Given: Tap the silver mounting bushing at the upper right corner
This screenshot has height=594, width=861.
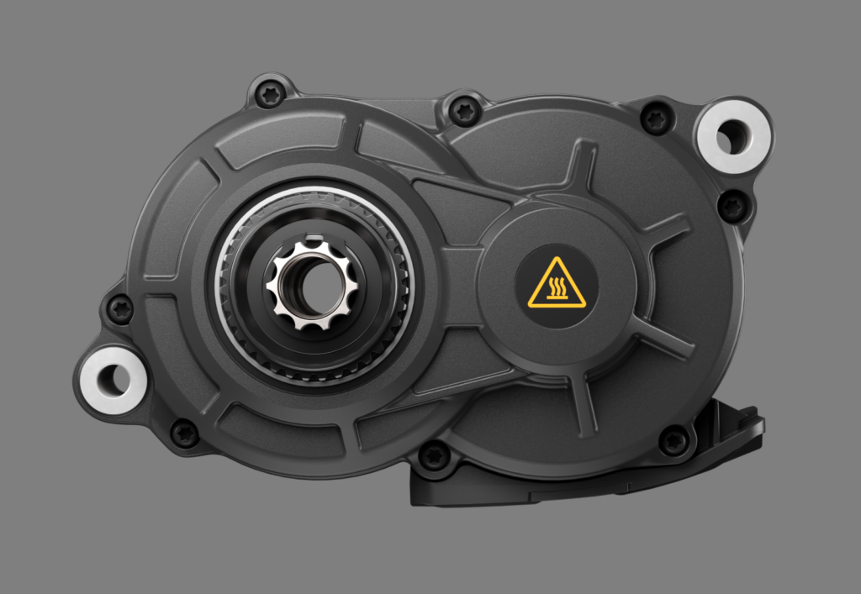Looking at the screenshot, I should coord(732,137).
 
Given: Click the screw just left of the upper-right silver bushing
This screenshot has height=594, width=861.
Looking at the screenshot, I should coord(657,118).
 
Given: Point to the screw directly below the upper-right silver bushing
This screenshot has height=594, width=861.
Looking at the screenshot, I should coord(732,205).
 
